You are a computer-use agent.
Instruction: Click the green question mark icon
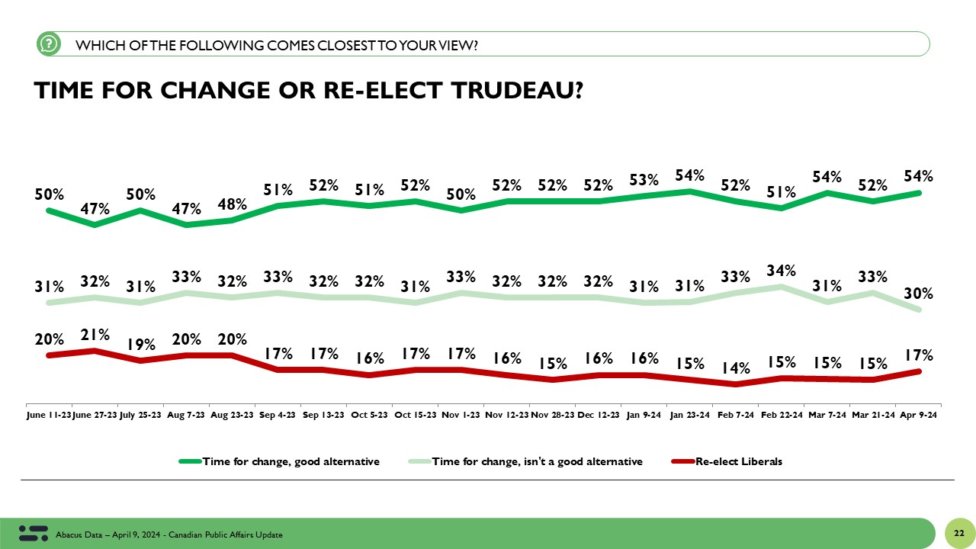[48, 44]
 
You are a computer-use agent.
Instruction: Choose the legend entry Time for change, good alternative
[290, 461]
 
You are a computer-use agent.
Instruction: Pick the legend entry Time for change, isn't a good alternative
[537, 461]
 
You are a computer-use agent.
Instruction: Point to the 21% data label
[95, 334]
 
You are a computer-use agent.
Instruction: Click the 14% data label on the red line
[735, 368]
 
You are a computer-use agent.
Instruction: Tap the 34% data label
[781, 270]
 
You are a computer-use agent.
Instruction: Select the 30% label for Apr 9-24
[918, 294]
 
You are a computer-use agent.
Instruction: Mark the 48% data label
[232, 204]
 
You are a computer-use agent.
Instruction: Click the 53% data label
[644, 180]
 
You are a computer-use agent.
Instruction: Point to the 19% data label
[140, 344]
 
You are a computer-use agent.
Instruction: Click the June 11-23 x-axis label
[49, 416]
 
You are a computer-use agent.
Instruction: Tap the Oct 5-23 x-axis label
[369, 416]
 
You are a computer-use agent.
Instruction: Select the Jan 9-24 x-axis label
[644, 416]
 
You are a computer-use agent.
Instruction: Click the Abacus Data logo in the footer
[33, 533]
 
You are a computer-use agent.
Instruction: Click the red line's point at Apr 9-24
[919, 371]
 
